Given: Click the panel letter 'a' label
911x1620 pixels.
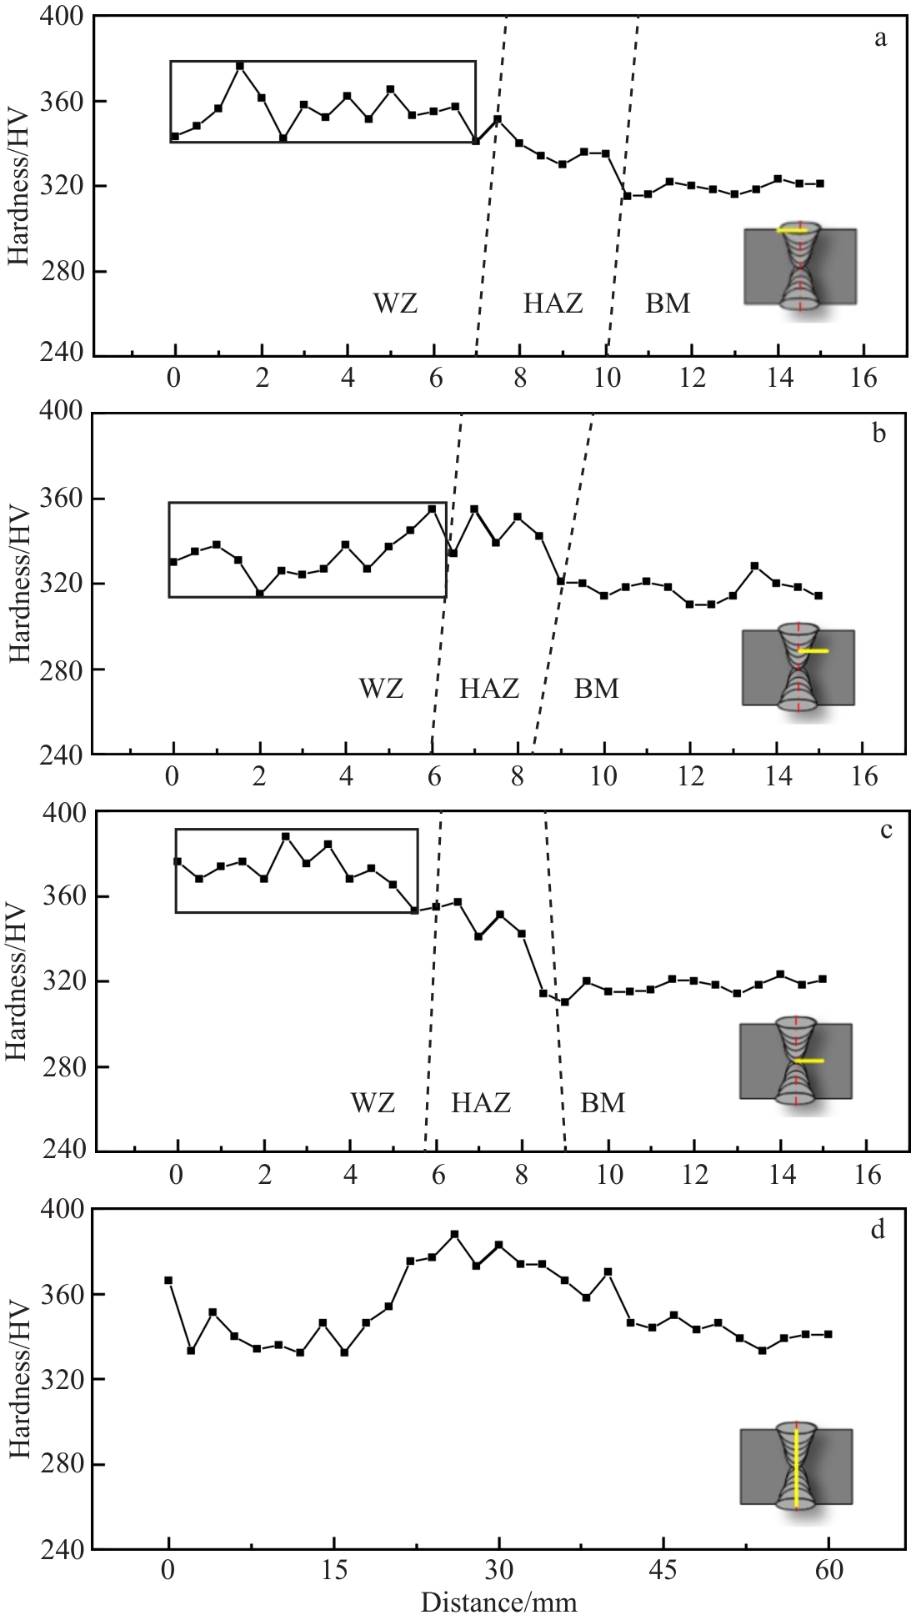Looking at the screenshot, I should [880, 38].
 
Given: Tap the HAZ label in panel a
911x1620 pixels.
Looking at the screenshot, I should [553, 303].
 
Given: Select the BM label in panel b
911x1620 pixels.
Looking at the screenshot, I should [596, 689].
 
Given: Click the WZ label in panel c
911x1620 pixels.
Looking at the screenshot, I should [373, 1103].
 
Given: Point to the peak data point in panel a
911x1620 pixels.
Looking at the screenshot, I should [240, 66].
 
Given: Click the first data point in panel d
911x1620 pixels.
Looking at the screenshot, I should [168, 1280].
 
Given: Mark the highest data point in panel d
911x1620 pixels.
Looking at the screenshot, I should [454, 1234].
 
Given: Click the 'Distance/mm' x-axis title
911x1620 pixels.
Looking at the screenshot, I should [498, 1602].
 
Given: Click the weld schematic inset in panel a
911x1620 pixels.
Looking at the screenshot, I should [800, 266].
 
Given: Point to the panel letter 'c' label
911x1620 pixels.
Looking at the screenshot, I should [886, 830].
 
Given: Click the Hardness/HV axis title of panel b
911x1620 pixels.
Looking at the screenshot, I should [20, 584].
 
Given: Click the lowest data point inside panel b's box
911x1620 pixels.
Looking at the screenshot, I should [260, 594].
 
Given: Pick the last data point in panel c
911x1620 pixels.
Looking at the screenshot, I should [823, 979].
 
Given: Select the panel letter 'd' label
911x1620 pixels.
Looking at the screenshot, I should [877, 1231].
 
